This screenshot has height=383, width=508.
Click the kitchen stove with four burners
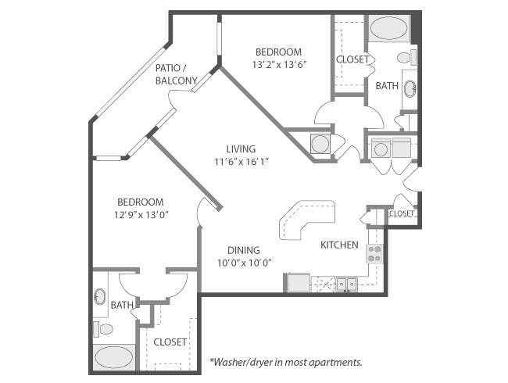click(374, 254)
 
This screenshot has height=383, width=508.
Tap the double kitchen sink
click(346, 284)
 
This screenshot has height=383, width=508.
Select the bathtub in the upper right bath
click(388, 28)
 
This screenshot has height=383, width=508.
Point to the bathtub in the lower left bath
click(114, 357)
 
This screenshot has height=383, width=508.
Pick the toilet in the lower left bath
click(103, 329)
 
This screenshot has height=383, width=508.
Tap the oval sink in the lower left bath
click(100, 296)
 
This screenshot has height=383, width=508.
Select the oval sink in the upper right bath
click(410, 88)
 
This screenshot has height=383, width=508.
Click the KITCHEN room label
click(339, 245)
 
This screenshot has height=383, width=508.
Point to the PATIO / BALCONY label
click(177, 74)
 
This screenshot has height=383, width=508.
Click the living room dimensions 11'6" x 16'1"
click(241, 161)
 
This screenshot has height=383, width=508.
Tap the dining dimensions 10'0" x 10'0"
click(244, 263)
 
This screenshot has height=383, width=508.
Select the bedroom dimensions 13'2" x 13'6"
click(279, 64)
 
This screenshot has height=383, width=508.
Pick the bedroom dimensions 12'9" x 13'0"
click(141, 214)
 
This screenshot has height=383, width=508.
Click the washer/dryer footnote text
click(286, 362)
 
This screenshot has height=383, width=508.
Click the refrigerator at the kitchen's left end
click(297, 282)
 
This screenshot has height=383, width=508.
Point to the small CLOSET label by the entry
click(402, 213)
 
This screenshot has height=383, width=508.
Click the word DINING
click(244, 250)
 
